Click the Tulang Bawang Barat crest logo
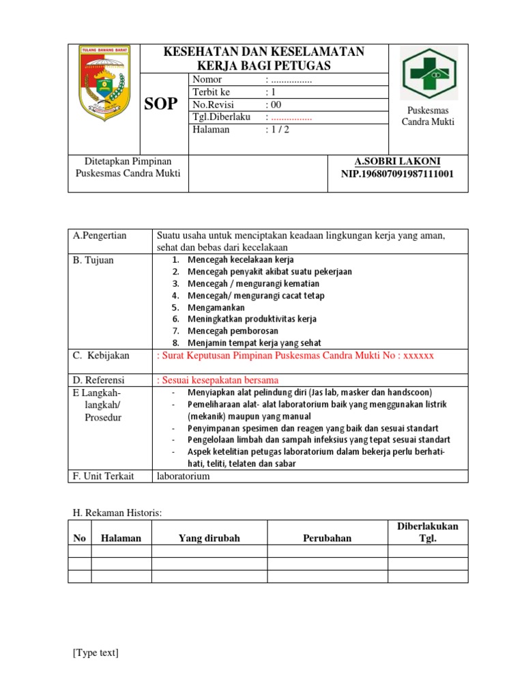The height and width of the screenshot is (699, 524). [104, 80]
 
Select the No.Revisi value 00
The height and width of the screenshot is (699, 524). [275, 104]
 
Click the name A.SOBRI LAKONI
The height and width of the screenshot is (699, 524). [397, 161]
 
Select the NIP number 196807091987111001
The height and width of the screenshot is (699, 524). [397, 173]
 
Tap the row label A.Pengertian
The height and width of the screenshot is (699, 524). [100, 236]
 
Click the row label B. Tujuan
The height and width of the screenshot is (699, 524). [93, 260]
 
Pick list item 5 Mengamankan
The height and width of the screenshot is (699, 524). [216, 307]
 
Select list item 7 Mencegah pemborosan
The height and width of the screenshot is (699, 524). [233, 331]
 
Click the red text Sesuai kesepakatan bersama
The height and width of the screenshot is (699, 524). [218, 380]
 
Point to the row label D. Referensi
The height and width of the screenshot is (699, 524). [99, 380]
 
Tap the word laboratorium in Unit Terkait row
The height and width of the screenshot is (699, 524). [183, 476]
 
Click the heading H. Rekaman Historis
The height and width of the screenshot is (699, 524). [117, 512]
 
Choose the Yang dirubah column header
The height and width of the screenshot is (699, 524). [209, 538]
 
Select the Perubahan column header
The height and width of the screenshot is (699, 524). [327, 538]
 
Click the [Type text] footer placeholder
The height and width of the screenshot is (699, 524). [96, 653]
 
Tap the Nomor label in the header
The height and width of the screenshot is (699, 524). [207, 80]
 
